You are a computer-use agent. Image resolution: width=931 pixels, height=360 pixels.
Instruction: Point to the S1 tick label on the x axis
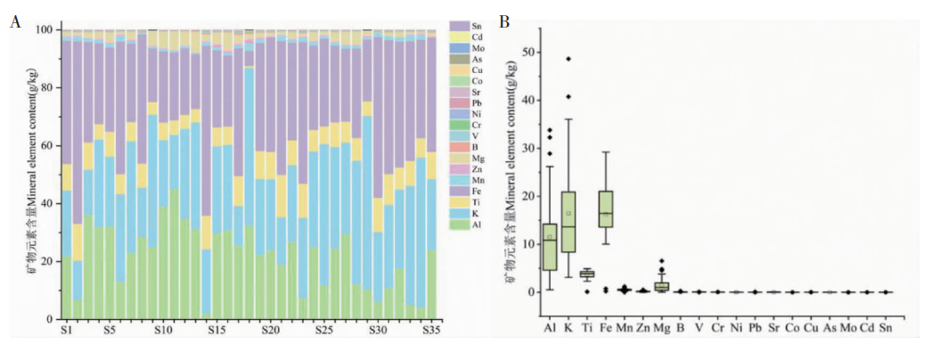pos(65,331)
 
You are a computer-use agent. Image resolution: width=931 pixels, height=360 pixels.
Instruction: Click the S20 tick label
pos(271,331)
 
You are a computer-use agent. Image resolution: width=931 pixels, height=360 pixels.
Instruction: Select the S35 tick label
pos(430,331)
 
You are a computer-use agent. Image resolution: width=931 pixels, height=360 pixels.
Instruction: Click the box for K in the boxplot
pos(568,222)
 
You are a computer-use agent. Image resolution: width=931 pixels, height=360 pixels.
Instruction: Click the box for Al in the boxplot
pos(550,246)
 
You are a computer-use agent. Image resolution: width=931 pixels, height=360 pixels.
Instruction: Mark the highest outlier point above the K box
pos(568,59)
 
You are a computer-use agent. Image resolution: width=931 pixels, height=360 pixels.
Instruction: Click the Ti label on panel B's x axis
pos(586,328)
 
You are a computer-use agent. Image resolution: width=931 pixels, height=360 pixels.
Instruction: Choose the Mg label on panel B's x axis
pos(662,328)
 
